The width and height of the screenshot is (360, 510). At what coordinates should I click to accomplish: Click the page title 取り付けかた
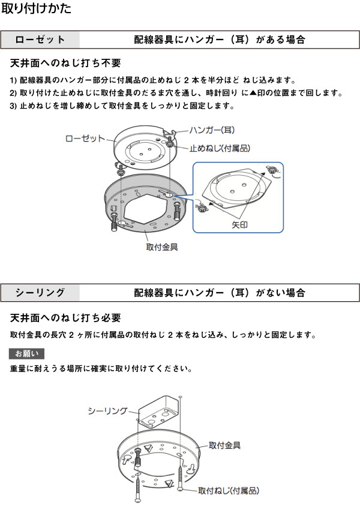click(37, 9)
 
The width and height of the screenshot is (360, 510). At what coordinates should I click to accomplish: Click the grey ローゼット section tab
click(40, 40)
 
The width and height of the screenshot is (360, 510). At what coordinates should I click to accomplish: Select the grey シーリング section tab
click(40, 293)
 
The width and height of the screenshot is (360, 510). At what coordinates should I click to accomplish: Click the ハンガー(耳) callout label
click(212, 130)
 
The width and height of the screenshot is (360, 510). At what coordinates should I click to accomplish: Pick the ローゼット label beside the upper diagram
click(85, 139)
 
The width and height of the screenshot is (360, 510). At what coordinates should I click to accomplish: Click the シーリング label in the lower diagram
click(107, 410)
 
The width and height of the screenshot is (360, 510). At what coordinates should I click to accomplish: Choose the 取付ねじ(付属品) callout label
click(229, 491)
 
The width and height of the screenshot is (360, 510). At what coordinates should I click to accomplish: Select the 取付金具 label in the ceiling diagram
click(225, 445)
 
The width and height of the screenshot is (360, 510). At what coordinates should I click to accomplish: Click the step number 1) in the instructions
click(14, 80)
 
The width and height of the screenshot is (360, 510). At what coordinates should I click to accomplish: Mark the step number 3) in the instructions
click(14, 106)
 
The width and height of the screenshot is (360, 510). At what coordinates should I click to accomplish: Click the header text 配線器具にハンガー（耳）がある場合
click(220, 40)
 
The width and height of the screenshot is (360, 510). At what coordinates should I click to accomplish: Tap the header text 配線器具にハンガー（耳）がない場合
click(220, 293)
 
